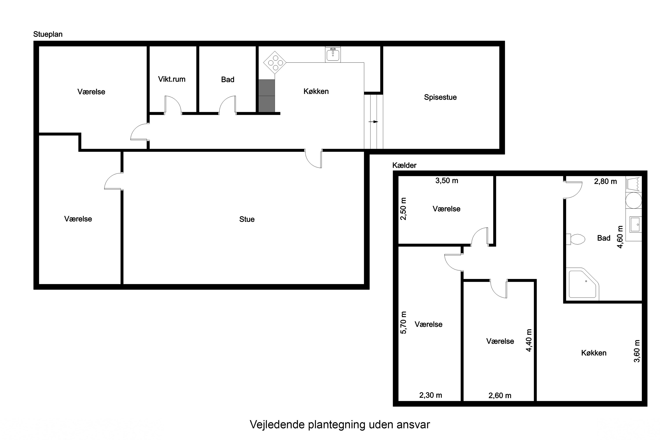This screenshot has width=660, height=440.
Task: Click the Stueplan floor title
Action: (x=48, y=34)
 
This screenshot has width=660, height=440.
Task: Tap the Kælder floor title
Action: (x=404, y=165)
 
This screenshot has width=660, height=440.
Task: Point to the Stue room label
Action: (x=247, y=219)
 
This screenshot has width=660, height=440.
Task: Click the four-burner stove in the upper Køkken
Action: (x=275, y=62)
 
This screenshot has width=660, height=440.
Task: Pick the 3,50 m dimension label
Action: (x=446, y=181)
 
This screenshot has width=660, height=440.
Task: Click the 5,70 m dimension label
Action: (x=403, y=323)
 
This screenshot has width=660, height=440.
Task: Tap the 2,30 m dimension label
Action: (x=431, y=395)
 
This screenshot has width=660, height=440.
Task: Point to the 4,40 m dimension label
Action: (x=529, y=340)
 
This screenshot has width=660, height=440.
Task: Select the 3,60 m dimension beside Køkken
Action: (x=637, y=351)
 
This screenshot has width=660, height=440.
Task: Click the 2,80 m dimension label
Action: (x=605, y=181)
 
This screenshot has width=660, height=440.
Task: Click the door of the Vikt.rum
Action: (x=172, y=104)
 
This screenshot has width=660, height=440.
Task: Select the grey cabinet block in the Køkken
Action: (x=266, y=96)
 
